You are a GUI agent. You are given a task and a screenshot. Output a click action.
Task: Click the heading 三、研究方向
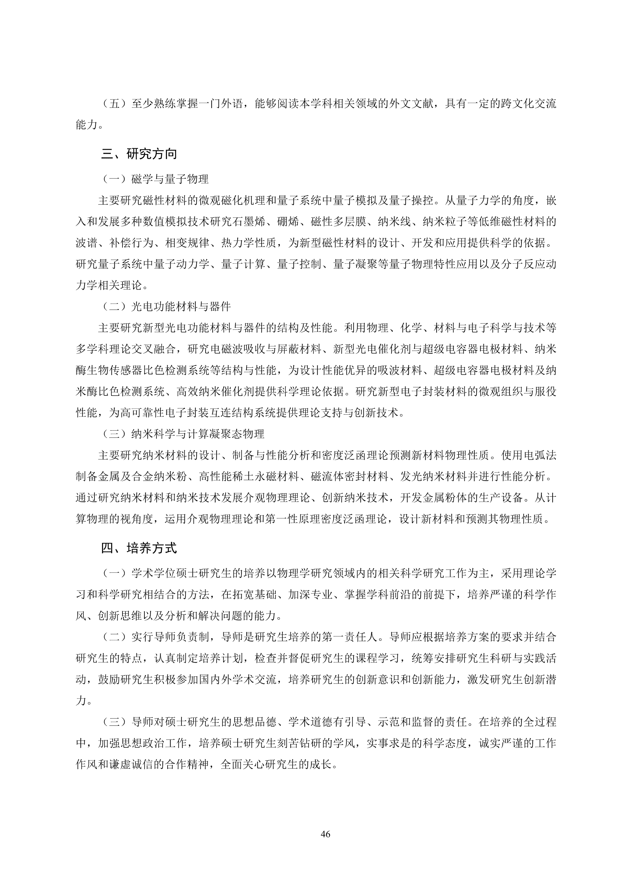[x=139, y=154]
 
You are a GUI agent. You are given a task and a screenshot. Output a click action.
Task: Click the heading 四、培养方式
[x=139, y=548]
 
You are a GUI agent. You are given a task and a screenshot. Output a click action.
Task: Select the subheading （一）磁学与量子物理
[x=155, y=179]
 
